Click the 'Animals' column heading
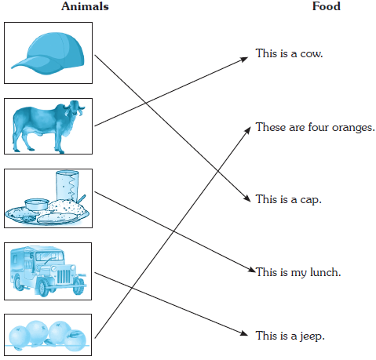point(85,6)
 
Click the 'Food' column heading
point(327,6)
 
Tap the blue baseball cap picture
point(48,53)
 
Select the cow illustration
point(49,126)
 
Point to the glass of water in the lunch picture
point(68,186)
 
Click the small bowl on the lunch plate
point(37,204)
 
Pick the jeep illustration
point(48,271)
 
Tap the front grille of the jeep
point(64,276)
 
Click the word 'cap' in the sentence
point(311,200)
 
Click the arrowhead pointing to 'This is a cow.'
point(244,60)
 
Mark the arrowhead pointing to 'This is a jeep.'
point(243,333)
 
